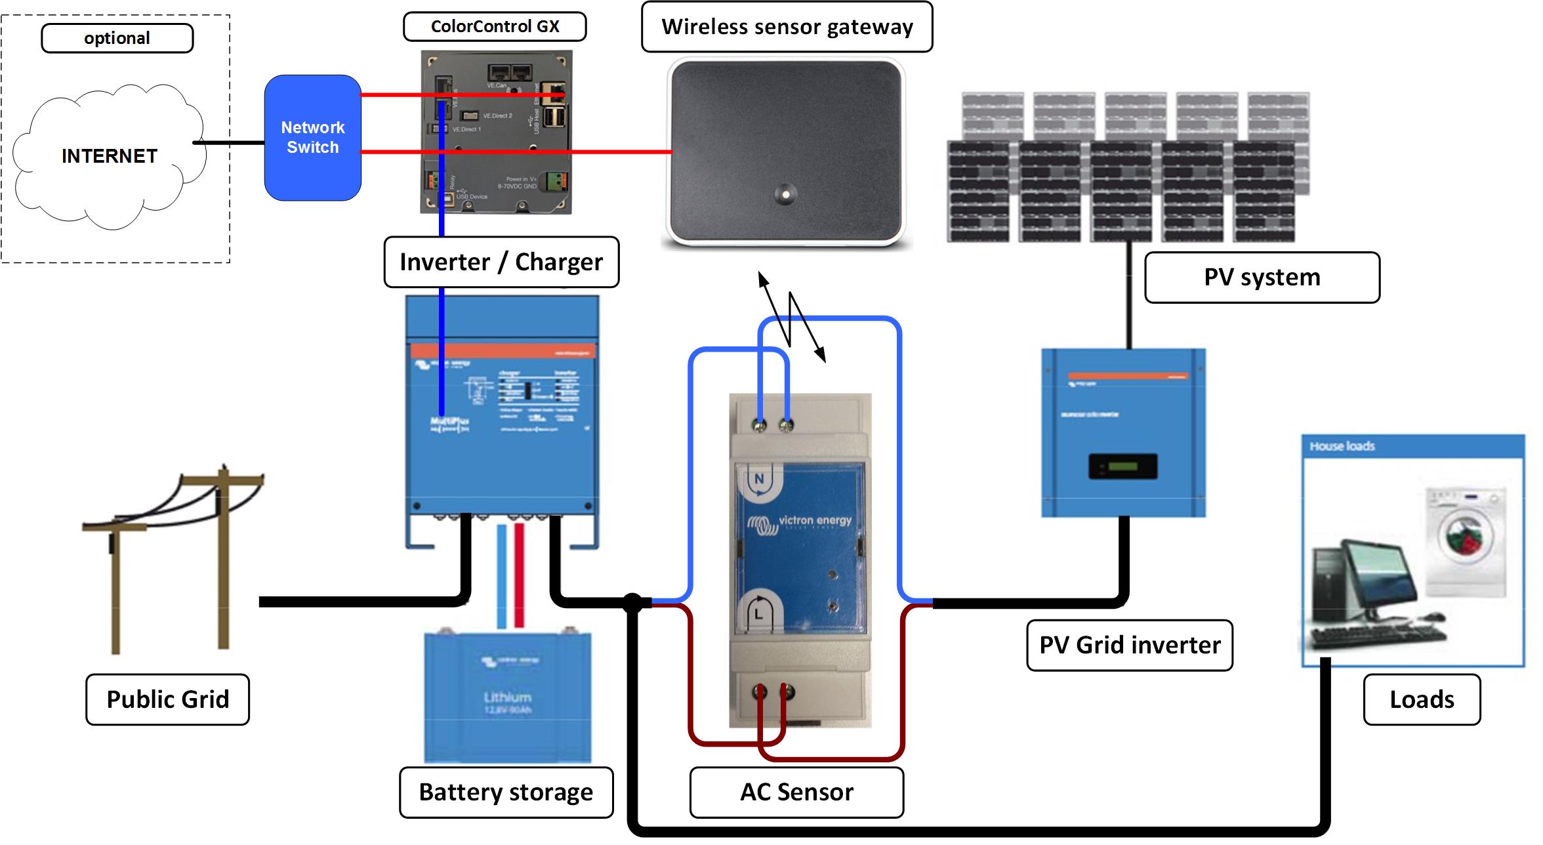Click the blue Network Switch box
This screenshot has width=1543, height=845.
tap(312, 138)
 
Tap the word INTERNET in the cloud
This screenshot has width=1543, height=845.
tap(110, 156)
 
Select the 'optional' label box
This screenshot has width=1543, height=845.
tap(117, 38)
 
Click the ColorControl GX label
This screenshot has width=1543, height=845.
tap(495, 26)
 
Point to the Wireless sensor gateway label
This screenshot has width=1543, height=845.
tap(787, 27)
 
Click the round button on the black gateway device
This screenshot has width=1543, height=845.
tap(785, 194)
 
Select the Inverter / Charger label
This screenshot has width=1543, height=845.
tap(501, 262)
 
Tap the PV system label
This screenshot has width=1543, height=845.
tap(1262, 277)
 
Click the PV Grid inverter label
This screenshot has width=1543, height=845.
tap(1129, 645)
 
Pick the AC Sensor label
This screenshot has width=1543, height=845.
tap(796, 792)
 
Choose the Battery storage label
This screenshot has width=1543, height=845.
tap(506, 792)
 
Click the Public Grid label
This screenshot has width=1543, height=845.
tap(168, 699)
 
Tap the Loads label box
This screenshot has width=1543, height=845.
tap(1422, 699)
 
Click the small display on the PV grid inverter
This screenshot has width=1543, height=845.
tap(1122, 466)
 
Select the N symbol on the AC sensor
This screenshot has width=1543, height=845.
tap(759, 480)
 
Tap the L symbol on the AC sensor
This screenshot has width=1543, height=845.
tap(758, 613)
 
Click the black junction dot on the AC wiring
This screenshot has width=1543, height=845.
tap(632, 602)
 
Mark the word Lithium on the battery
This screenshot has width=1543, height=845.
tap(507, 697)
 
